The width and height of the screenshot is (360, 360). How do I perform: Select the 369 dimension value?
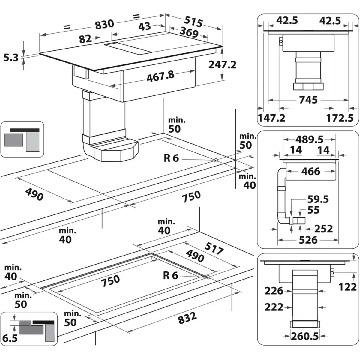coord(189,32)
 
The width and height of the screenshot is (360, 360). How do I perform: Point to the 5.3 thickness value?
coord(11,57)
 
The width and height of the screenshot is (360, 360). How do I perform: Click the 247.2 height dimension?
coord(222,64)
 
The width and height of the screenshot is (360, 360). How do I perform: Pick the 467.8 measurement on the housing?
coord(160,76)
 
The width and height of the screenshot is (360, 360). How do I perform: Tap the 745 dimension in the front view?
coord(308,100)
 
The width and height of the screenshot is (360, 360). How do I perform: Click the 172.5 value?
coord(340,118)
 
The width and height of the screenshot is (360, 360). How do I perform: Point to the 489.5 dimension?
coord(309,139)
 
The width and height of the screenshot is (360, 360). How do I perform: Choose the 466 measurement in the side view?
coord(311,171)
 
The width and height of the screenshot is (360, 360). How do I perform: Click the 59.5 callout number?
coord(318,199)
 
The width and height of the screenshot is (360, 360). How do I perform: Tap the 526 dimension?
coord(308,240)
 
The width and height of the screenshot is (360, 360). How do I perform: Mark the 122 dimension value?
coord(348,287)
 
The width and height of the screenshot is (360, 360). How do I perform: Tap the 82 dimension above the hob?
coord(85,38)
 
